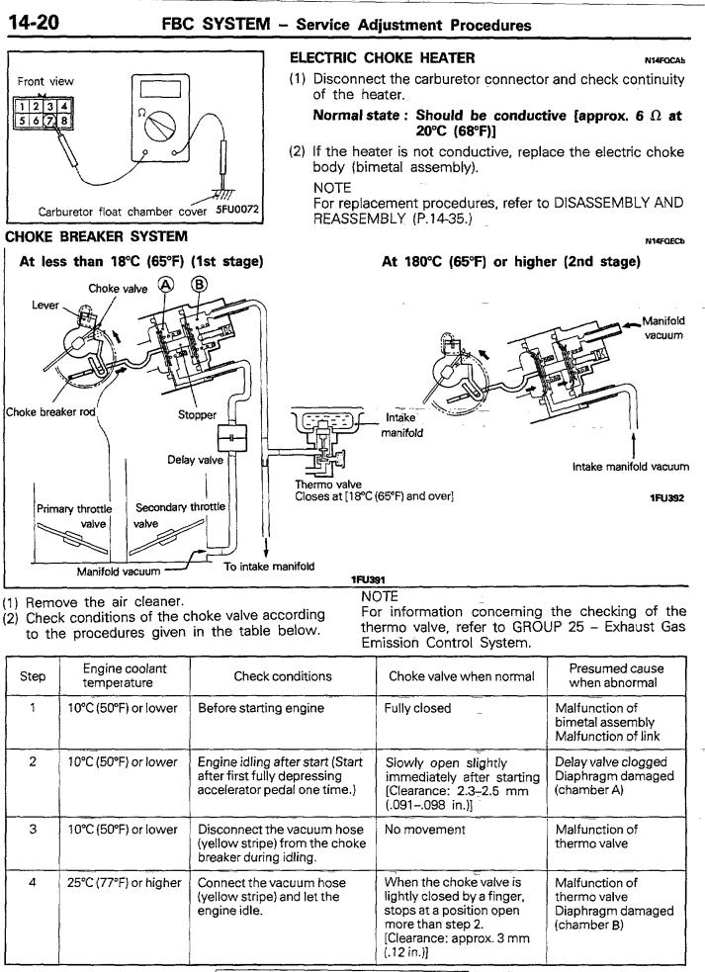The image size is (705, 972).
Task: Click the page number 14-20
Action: [33, 23]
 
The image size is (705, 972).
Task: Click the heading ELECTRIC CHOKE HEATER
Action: [382, 58]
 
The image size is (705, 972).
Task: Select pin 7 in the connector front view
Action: [51, 121]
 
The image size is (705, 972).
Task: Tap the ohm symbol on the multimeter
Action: [142, 114]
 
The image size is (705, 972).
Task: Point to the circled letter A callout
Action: [166, 285]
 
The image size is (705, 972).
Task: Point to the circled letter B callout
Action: [199, 285]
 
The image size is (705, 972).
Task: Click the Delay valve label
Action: [195, 460]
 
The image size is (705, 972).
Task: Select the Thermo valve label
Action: [328, 485]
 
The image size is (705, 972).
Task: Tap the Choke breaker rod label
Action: [50, 412]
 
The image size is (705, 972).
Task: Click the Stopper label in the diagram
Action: [197, 414]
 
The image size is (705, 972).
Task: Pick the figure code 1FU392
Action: [666, 497]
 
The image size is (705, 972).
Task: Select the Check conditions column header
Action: [283, 676]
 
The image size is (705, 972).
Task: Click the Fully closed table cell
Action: [417, 708]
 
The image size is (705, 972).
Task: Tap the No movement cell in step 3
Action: [424, 830]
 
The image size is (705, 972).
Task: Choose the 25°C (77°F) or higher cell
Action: [124, 883]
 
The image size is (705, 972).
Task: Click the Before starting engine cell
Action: [260, 708]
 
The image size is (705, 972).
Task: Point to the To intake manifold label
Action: [269, 566]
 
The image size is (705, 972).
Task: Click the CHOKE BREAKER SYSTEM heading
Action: [96, 236]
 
